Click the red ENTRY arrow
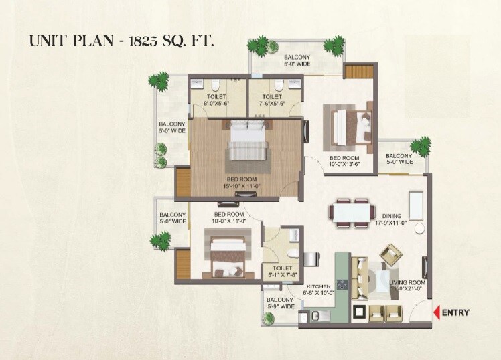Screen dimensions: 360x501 click(437, 312)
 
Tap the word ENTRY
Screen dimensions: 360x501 click(457, 312)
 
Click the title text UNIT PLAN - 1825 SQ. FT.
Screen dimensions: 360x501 click(121, 41)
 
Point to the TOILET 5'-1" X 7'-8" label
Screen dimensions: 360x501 click(281, 271)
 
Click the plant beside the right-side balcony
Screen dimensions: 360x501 click(421, 146)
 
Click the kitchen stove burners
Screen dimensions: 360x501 click(341, 288)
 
